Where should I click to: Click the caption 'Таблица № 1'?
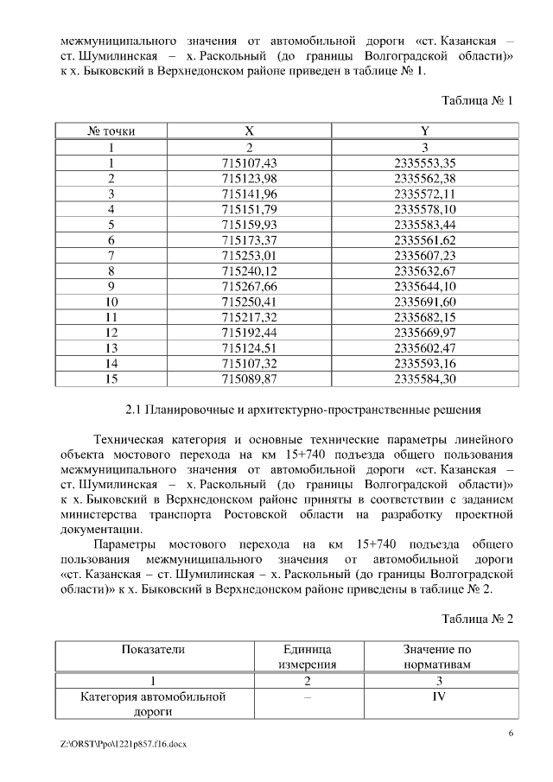(478, 100)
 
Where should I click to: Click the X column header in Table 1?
(249, 131)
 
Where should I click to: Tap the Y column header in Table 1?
(424, 131)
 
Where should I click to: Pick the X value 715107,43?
(249, 162)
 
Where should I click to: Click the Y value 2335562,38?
(424, 178)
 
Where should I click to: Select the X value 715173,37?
(249, 239)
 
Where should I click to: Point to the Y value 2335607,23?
(424, 255)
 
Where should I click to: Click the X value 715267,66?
(249, 286)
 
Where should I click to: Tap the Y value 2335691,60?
(424, 302)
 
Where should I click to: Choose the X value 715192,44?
(249, 332)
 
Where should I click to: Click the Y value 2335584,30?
(424, 378)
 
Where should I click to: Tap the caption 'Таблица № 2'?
(478, 619)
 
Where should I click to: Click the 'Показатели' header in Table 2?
(153, 649)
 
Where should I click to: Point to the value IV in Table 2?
(438, 696)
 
